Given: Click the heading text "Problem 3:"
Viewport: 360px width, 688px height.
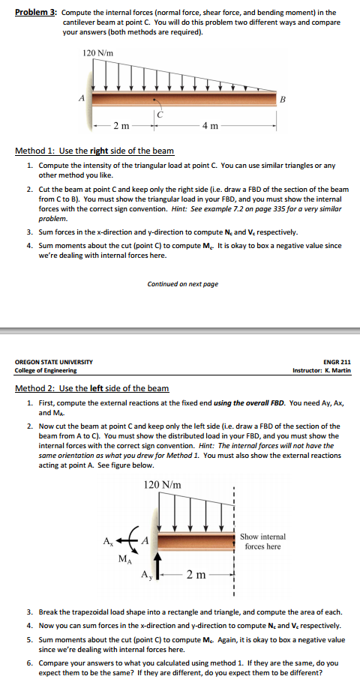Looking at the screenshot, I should (x=34, y=13).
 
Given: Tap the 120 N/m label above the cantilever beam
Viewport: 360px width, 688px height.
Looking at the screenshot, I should (x=97, y=52).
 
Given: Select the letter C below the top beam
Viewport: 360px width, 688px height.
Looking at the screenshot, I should (x=160, y=114).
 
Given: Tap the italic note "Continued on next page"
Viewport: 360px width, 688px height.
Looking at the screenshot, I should (x=183, y=284).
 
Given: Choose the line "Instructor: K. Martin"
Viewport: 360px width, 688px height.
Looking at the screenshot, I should (x=322, y=370).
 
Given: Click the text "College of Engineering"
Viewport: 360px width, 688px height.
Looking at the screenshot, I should (x=46, y=370).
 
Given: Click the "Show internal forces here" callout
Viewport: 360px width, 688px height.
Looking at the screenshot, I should (x=262, y=542).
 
